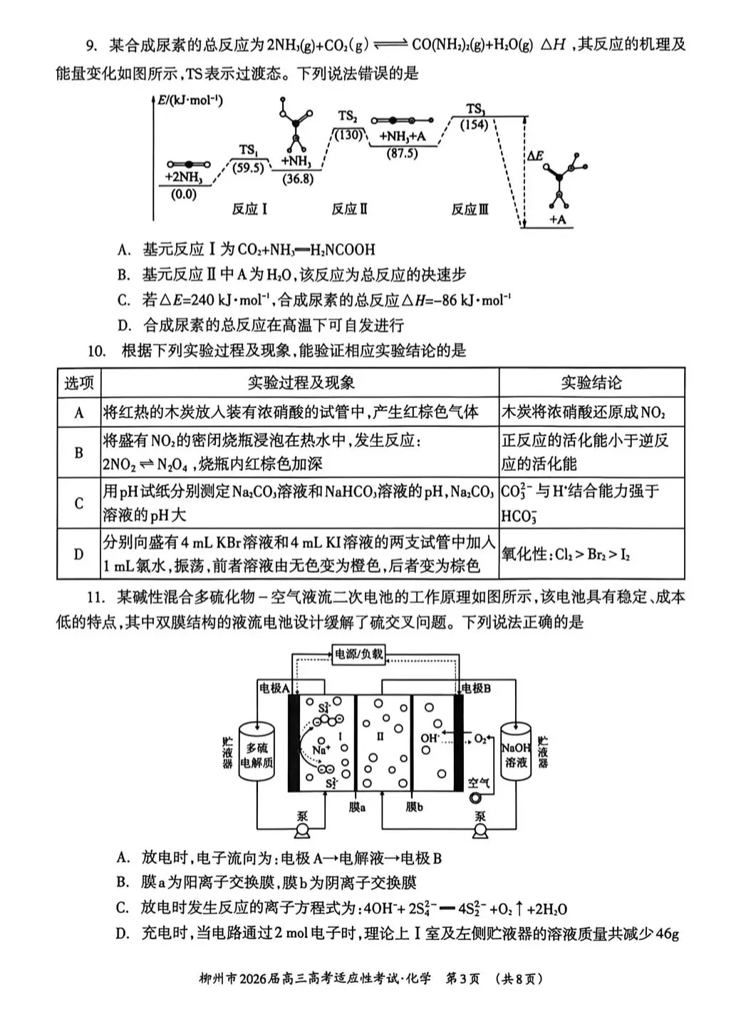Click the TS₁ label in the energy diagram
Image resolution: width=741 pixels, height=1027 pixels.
pos(248,150)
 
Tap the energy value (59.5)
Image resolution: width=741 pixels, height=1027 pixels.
pos(248,168)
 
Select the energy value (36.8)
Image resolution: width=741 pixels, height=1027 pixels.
pos(296,180)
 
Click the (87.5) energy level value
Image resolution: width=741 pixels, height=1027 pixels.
pos(402,153)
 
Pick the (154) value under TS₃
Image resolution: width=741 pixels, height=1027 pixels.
pos(474,125)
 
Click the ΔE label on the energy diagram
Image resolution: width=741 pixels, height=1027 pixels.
pos(535,155)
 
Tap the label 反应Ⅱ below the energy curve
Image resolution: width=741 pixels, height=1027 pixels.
pos(349,210)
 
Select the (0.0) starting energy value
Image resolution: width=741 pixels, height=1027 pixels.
pos(184,194)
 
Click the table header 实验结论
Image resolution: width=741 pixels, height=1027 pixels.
pos(591,383)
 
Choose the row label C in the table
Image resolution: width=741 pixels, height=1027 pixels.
pos(79,503)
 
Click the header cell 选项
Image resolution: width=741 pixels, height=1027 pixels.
pos(79,383)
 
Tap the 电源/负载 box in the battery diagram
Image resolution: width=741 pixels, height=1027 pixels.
pos(358,654)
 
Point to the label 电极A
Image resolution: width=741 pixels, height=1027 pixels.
pos(273,688)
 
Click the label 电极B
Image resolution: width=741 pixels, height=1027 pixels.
pos(476,688)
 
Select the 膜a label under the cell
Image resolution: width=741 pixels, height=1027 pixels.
pos(358,807)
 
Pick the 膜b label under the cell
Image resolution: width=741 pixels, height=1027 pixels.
pos(415,807)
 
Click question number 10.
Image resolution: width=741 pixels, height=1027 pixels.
pos(96,351)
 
